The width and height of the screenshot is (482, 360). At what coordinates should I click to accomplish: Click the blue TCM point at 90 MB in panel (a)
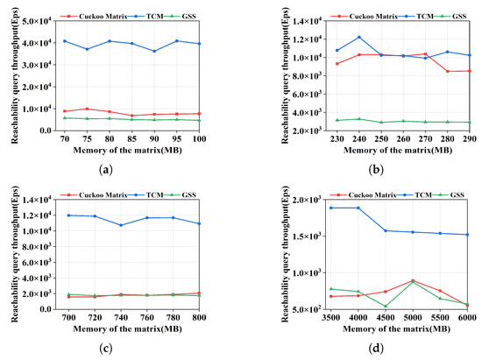coord(154,51)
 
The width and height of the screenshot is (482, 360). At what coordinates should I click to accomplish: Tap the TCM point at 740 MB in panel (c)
coord(121,225)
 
